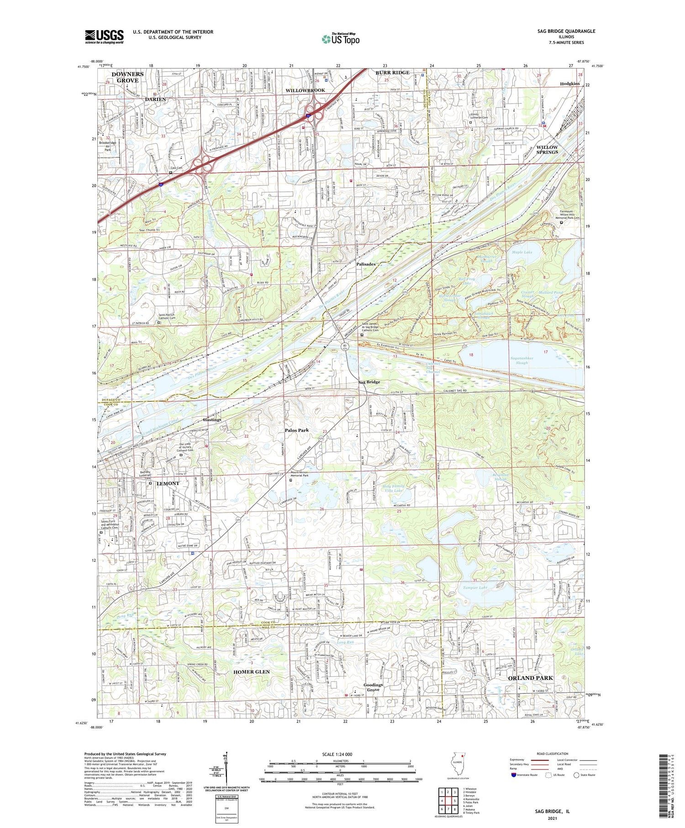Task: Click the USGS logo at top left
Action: tap(104, 37)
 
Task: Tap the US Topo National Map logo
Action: tap(340, 39)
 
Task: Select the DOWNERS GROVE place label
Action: tap(127, 77)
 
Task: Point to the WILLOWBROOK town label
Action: tap(306, 90)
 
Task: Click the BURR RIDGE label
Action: tap(392, 73)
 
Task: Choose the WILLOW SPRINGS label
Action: tap(547, 150)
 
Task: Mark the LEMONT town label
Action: tap(168, 483)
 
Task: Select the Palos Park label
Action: tap(297, 430)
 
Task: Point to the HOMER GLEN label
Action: tap(252, 672)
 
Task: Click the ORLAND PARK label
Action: tap(530, 678)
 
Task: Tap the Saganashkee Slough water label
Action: tap(522, 360)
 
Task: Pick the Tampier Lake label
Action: tap(475, 588)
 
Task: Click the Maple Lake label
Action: tap(522, 252)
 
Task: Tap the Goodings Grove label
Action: tap(373, 687)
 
